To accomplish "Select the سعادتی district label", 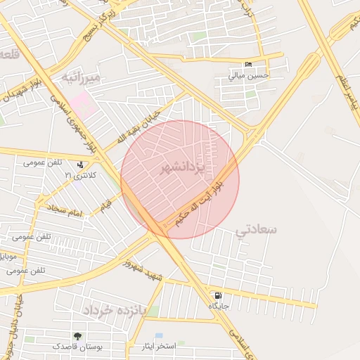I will point(257,229).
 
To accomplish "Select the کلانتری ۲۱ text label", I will point(78,174).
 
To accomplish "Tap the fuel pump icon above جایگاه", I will point(217,296).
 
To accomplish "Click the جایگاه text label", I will point(217,307).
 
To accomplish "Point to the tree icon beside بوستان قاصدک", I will point(77,336).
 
